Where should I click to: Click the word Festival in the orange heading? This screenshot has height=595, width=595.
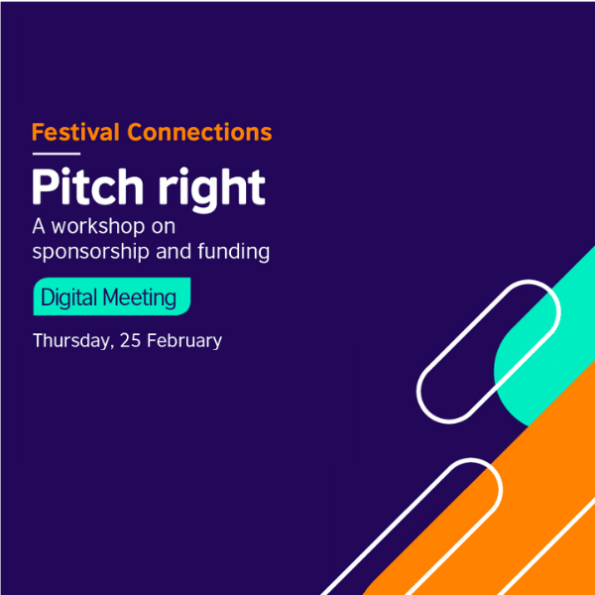75,132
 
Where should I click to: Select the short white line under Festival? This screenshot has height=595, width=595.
56,154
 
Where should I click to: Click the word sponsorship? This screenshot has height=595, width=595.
90,252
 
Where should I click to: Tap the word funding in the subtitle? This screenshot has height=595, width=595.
233,251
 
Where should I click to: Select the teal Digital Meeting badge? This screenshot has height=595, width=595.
111,297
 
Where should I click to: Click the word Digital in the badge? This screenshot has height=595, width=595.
66,297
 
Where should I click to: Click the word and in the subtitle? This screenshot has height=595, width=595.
172,251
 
